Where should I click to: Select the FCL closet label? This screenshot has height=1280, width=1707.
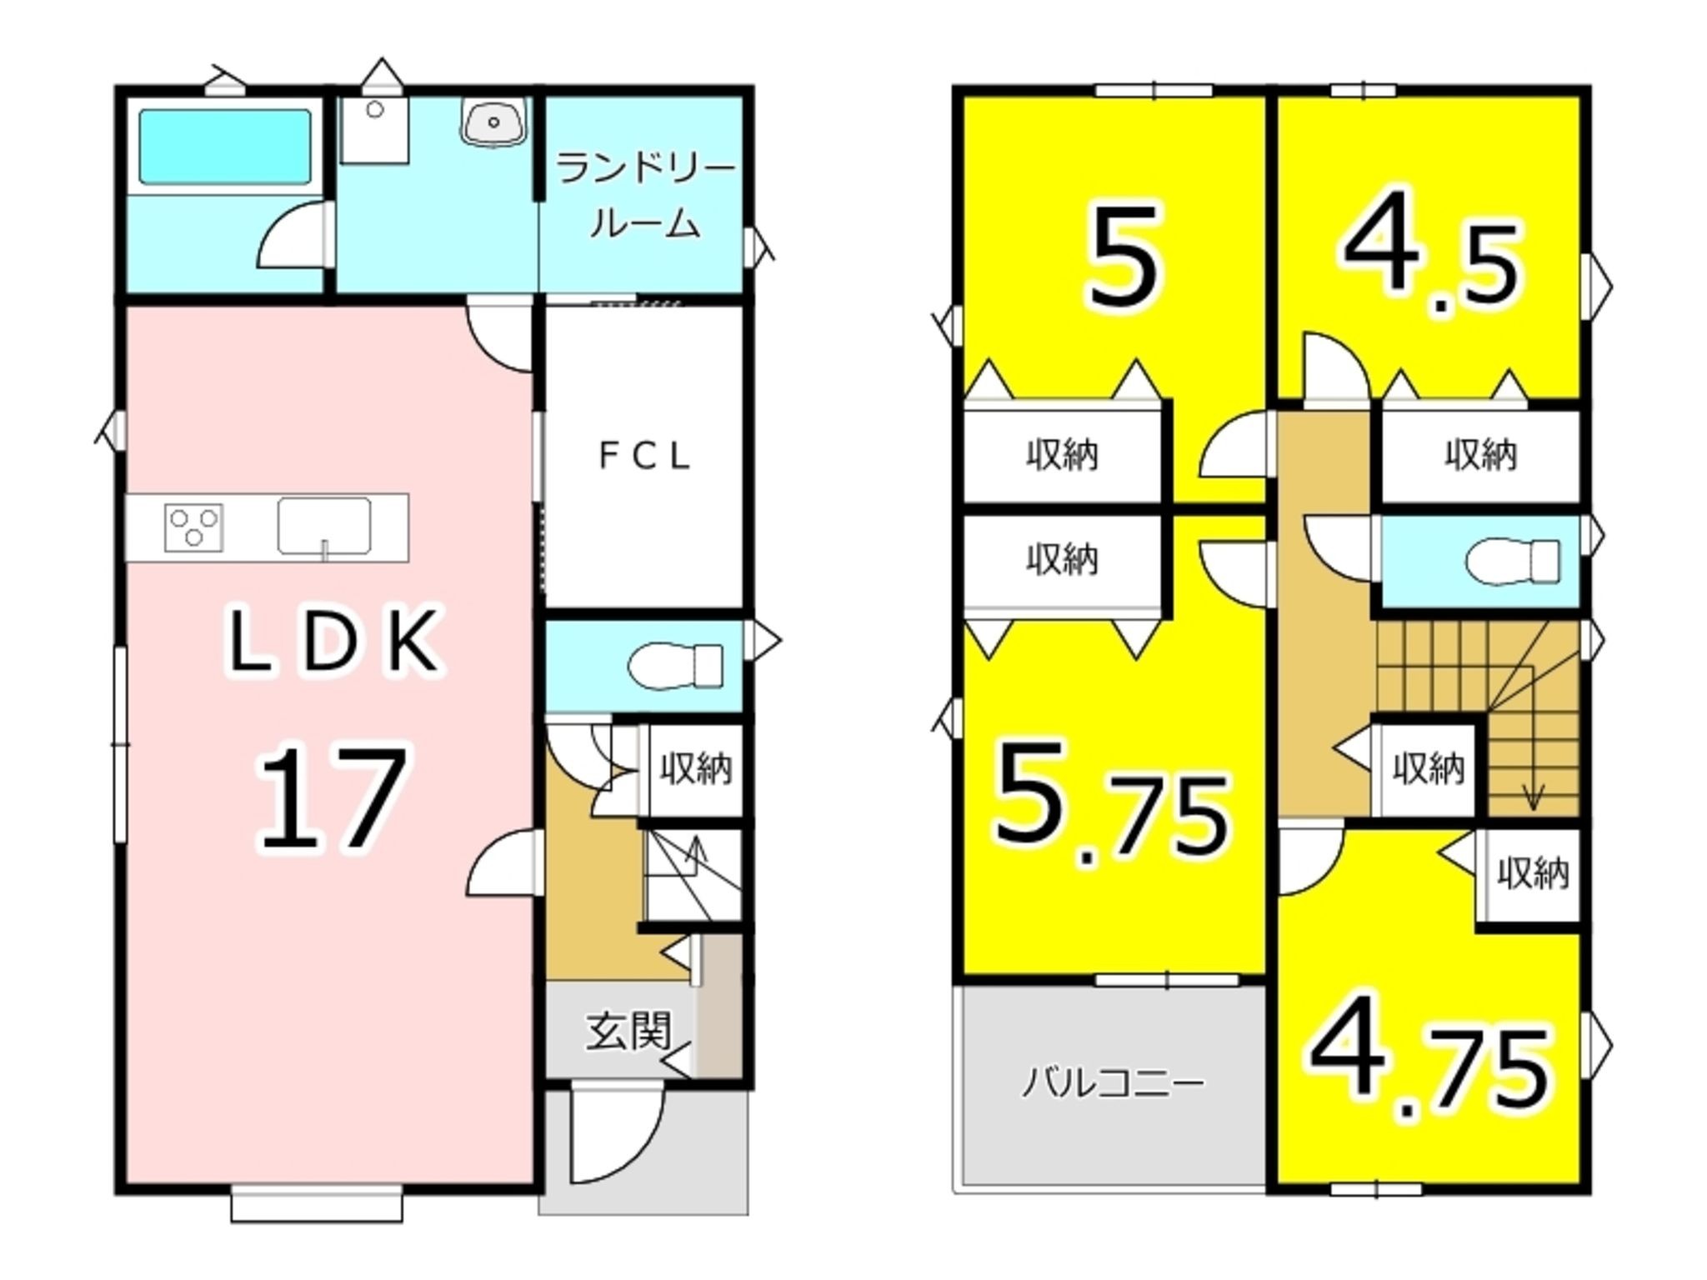(x=644, y=456)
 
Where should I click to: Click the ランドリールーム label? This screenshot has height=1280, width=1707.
(x=645, y=197)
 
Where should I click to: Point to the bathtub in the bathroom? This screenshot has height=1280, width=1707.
(x=225, y=147)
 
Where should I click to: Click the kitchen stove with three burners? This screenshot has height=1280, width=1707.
(x=194, y=527)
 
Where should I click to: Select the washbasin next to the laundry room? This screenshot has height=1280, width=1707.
(x=494, y=123)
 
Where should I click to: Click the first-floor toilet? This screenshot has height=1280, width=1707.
(x=676, y=665)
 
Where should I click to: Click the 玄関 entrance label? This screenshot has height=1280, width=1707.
(x=628, y=1032)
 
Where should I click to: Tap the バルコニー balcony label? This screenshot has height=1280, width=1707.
(x=1114, y=1084)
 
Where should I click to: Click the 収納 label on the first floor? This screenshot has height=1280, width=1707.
(x=696, y=768)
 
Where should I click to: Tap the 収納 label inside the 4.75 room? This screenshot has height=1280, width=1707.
(x=1533, y=873)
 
